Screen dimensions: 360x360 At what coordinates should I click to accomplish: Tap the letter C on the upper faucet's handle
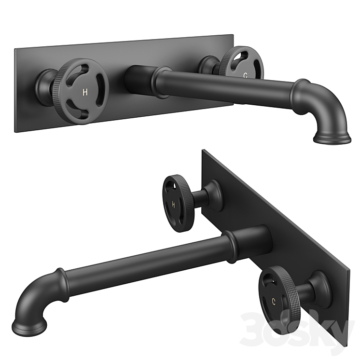pyautogui.click(x=246, y=75)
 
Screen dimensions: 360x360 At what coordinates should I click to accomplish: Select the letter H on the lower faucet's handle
pyautogui.click(x=174, y=204)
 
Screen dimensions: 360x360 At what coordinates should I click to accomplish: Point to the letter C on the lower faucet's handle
pyautogui.click(x=273, y=301)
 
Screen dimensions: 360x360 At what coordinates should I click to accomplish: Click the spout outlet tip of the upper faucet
pyautogui.click(x=332, y=139)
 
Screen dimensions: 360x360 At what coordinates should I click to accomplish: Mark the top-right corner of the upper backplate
pyautogui.click(x=233, y=35)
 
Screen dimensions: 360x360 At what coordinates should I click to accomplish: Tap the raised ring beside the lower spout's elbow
pyautogui.click(x=60, y=277)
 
